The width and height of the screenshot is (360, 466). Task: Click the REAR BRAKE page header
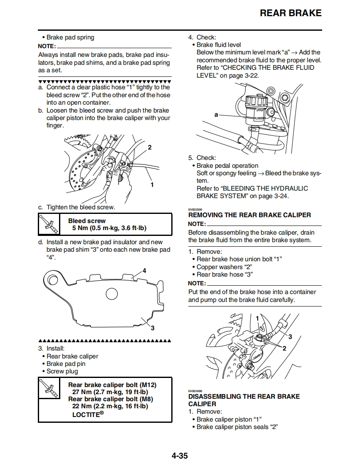coord(290,13)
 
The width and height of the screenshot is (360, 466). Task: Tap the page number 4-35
coord(180,456)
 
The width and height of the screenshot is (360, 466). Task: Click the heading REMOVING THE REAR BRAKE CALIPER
coord(249,215)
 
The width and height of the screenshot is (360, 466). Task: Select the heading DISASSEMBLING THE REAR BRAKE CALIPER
coord(244,400)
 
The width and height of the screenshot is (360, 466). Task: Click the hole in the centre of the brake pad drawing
coord(112,294)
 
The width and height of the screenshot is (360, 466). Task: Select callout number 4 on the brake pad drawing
coord(144,271)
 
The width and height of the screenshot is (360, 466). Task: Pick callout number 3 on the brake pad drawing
coord(153,328)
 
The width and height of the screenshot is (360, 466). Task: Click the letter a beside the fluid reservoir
coord(216,114)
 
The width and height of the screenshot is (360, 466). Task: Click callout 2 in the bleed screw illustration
coord(150,147)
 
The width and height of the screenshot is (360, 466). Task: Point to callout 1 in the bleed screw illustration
coord(152,184)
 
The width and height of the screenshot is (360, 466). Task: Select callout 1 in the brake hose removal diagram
coord(258,318)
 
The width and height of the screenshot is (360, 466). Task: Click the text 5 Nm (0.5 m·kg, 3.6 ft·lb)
coord(109,228)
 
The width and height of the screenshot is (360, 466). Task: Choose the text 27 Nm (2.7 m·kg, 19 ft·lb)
coord(110,392)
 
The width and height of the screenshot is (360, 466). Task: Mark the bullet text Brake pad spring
coord(70,37)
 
